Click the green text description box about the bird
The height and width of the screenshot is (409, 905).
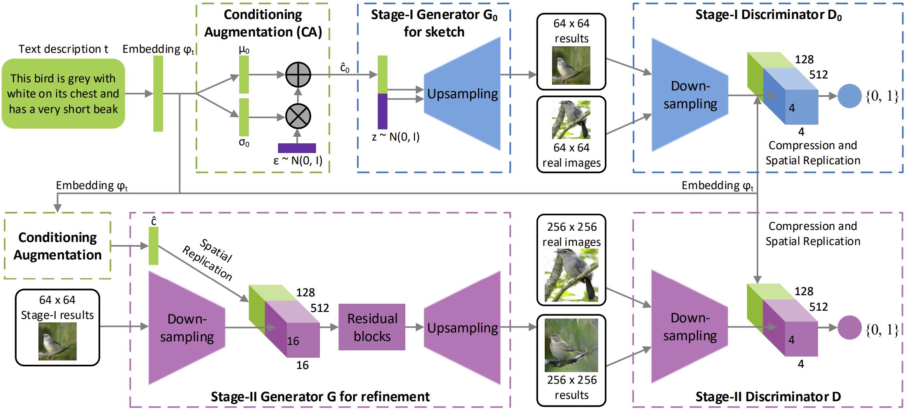(x=63, y=94)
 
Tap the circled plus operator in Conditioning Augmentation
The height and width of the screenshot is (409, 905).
(x=298, y=74)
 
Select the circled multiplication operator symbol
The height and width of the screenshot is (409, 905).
(x=298, y=116)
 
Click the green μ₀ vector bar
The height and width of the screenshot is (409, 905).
(x=244, y=75)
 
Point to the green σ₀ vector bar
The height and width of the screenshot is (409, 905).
(x=244, y=117)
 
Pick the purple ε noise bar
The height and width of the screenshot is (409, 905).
(x=297, y=148)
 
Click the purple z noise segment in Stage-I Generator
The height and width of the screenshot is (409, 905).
(x=382, y=111)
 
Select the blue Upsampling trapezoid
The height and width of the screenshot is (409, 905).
(x=462, y=94)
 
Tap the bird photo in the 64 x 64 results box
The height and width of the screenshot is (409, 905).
(x=571, y=65)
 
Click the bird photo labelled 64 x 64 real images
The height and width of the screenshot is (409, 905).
(x=571, y=120)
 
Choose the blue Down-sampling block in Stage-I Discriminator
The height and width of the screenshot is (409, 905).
(x=690, y=95)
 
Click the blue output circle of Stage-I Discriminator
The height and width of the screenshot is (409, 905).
(x=849, y=96)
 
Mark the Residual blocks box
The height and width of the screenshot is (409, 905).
(x=372, y=327)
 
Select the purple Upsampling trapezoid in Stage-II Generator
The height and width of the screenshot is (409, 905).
(x=462, y=328)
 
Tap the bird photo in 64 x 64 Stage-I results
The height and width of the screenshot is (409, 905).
(x=57, y=341)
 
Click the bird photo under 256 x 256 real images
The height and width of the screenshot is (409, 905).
(x=571, y=275)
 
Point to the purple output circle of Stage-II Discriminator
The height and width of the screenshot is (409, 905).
(x=849, y=327)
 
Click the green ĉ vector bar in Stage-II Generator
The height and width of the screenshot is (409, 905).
(x=154, y=246)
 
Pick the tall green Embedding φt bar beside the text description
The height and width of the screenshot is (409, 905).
(x=158, y=94)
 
